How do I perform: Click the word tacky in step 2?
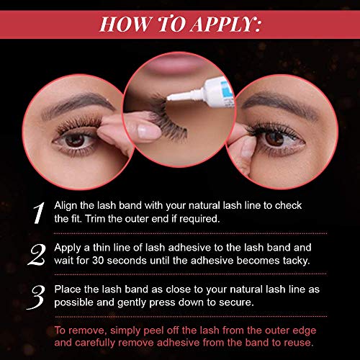click(294, 259)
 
